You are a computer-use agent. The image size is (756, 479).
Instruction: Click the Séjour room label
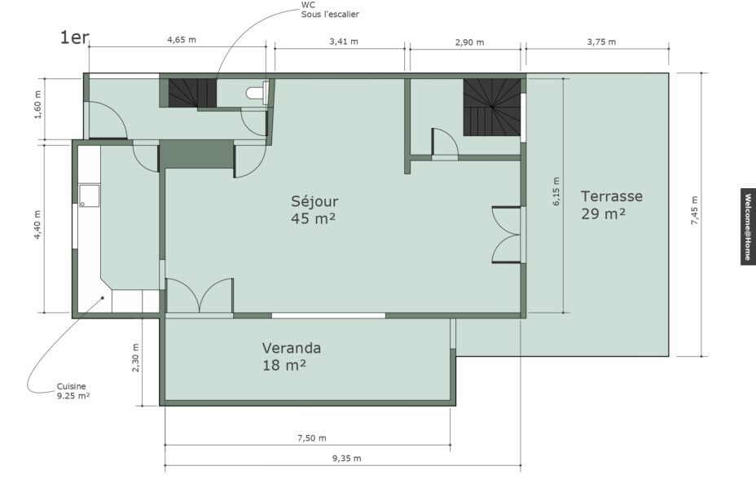click(x=314, y=209)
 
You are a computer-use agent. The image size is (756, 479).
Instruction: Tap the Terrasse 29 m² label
click(x=611, y=204)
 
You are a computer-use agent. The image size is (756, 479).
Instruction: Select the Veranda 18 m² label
click(x=291, y=356)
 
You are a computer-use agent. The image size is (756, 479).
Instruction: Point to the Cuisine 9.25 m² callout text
click(x=73, y=391)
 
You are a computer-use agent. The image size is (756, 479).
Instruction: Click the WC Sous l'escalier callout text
click(x=330, y=10)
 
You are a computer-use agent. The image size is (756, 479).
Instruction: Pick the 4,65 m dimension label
click(x=182, y=40)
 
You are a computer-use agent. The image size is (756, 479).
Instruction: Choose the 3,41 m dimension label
click(x=344, y=42)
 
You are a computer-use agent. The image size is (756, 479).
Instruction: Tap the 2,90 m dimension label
click(x=469, y=42)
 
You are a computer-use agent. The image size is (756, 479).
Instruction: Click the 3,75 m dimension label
click(x=601, y=42)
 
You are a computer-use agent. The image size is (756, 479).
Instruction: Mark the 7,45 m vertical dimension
click(x=694, y=211)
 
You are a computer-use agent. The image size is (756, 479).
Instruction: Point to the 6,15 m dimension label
click(x=556, y=191)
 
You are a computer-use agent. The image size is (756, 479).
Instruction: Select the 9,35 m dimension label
click(x=346, y=459)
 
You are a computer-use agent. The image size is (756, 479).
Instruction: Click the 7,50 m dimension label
click(x=311, y=438)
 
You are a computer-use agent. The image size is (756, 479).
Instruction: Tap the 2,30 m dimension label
click(x=135, y=358)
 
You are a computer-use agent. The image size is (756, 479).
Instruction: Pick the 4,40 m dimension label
click(x=37, y=225)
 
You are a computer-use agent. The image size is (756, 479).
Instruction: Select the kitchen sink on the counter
click(x=89, y=196)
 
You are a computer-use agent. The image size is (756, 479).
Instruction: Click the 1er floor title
click(x=74, y=37)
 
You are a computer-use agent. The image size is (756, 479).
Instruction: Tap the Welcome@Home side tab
click(x=748, y=226)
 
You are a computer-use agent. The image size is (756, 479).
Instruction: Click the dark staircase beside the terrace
click(x=492, y=108)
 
